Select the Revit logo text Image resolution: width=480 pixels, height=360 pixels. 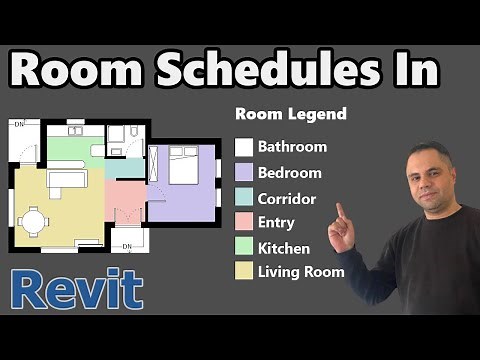pyautogui.click(x=78, y=290)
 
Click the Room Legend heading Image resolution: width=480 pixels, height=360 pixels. pyautogui.click(x=290, y=114)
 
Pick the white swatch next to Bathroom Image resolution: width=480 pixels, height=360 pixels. pyautogui.click(x=243, y=147)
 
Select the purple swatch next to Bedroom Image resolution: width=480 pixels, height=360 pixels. pyautogui.click(x=243, y=172)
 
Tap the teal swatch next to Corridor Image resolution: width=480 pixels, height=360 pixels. pyautogui.click(x=243, y=198)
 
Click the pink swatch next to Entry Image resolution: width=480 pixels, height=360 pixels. pyautogui.click(x=243, y=223)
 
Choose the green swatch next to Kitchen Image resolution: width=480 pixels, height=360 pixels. pyautogui.click(x=243, y=248)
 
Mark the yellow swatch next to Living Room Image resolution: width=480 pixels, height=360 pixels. pyautogui.click(x=243, y=272)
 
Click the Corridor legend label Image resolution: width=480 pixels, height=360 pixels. pyautogui.click(x=286, y=198)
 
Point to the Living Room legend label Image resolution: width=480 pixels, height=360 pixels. pyautogui.click(x=300, y=272)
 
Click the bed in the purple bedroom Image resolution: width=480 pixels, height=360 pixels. pyautogui.click(x=184, y=165)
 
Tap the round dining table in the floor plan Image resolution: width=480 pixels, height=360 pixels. pyautogui.click(x=35, y=219)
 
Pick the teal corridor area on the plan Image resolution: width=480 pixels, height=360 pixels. pyautogui.click(x=125, y=168)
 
